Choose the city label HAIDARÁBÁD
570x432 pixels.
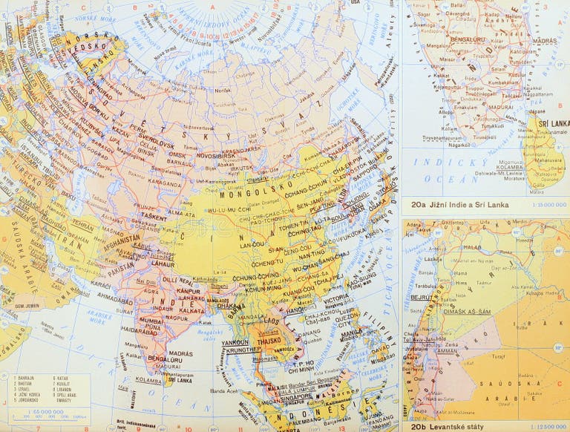tap(139, 330)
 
